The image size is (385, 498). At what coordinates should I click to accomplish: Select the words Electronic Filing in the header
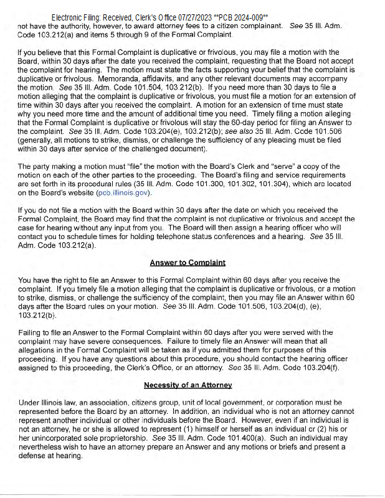tap(77, 17)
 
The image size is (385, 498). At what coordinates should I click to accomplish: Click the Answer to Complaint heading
tap(188, 263)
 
